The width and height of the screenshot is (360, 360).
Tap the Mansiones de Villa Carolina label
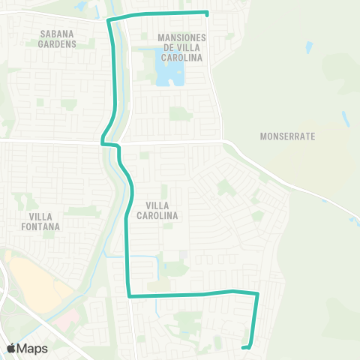tap(181, 46)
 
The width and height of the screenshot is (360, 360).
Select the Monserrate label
tap(288, 137)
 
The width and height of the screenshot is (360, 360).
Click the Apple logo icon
tap(11, 348)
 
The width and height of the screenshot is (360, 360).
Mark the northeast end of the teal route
tap(207, 13)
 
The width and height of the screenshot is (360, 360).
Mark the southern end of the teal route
tap(243, 347)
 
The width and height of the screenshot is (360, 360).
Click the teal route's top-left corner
tap(110, 19)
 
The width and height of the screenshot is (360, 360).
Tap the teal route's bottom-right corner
tap(257, 294)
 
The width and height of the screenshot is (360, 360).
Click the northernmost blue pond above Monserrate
tap(310, 47)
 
